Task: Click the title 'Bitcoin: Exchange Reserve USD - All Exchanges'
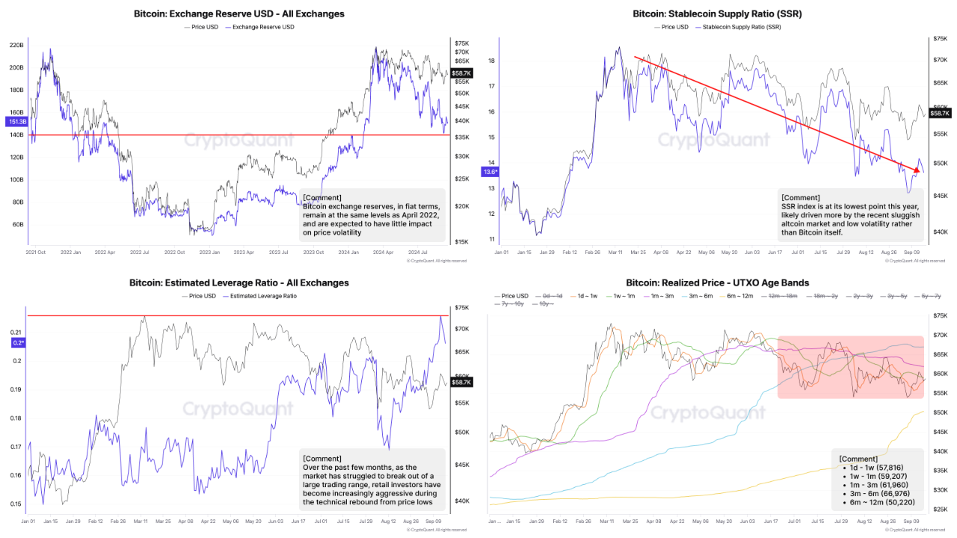tap(240, 13)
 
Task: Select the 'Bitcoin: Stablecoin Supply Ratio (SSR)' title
tap(717, 13)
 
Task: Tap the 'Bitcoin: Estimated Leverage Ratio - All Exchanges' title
tap(239, 282)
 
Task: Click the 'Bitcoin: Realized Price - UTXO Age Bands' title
tap(717, 282)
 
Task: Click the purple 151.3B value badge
tap(16, 121)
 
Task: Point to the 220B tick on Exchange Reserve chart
tap(16, 46)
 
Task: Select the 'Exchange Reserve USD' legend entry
tap(263, 27)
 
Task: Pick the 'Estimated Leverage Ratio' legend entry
tap(262, 296)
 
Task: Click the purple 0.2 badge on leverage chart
tap(18, 342)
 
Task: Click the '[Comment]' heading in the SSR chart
tap(800, 198)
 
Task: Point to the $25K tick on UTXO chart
tap(941, 510)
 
